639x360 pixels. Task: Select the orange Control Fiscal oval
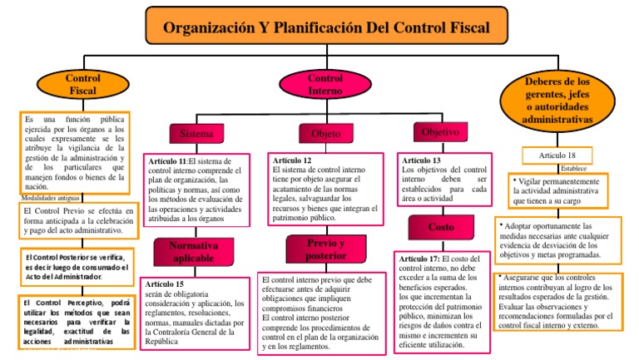point(82,84)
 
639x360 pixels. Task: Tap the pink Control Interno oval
point(320,84)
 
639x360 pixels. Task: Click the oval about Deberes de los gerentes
point(558,100)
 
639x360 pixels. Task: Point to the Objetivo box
point(441,132)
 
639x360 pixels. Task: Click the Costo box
point(441,227)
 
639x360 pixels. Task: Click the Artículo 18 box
point(557,155)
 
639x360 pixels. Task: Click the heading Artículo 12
point(291,160)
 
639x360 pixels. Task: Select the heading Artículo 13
point(422,160)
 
